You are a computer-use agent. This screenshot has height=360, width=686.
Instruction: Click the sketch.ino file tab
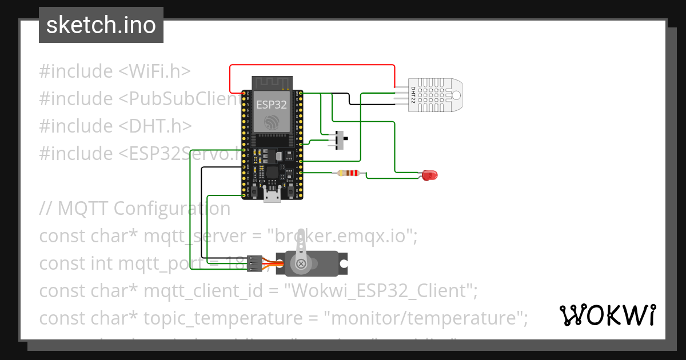point(101,25)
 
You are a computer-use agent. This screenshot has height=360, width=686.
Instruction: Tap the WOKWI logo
point(607,315)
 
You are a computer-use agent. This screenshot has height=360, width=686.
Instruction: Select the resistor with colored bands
point(349,173)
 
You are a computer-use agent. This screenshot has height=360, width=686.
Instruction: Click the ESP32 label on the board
point(272,104)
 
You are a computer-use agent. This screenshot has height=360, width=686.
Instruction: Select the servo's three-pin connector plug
point(254,263)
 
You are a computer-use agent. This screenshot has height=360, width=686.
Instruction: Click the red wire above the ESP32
point(312,65)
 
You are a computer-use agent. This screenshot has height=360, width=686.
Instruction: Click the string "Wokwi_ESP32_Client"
point(381,291)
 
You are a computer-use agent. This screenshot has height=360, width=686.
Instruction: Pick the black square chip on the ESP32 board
point(273,173)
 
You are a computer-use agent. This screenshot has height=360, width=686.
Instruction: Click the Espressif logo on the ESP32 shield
point(272,121)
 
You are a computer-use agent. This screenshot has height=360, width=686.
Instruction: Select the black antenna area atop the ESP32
point(272,83)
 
